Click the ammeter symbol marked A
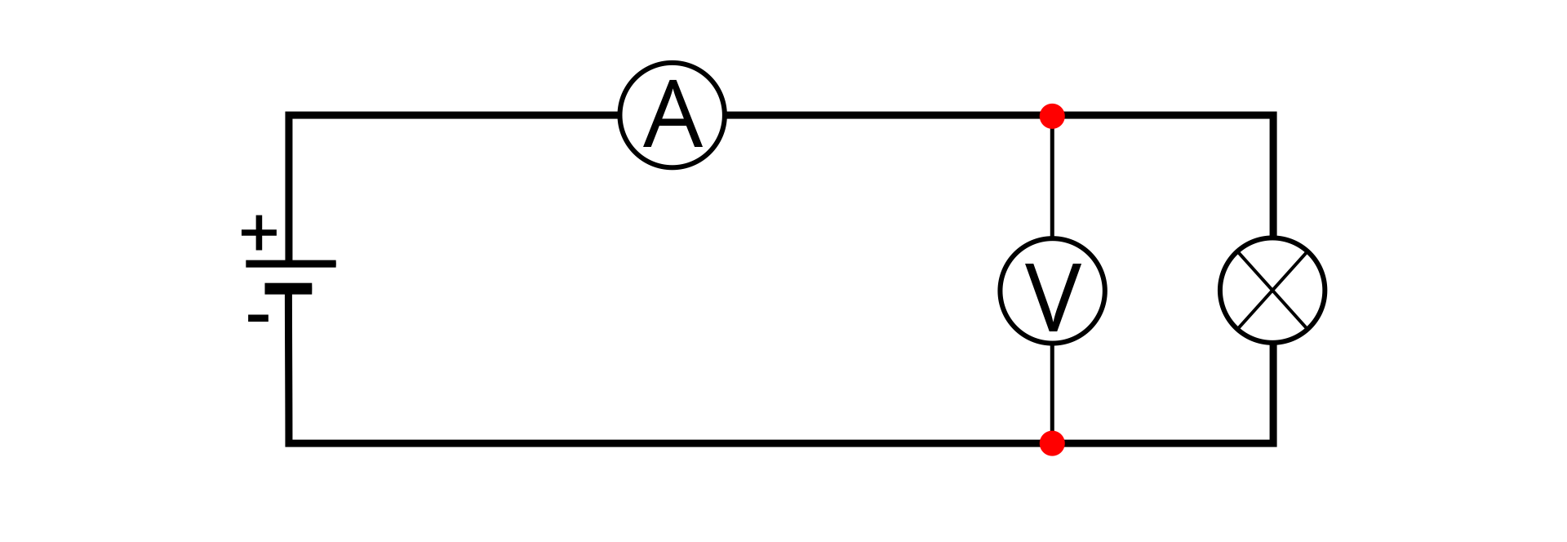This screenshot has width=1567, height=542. click(672, 115)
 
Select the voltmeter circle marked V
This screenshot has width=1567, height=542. click(1052, 291)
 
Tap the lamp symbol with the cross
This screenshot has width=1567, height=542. click(1272, 291)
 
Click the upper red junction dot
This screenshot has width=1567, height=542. click(1052, 116)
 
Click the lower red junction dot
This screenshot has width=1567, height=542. click(1052, 443)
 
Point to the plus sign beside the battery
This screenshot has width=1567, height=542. click(259, 233)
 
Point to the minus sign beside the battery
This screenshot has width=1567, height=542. click(258, 318)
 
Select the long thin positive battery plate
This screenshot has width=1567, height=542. click(291, 264)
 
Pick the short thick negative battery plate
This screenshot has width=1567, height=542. click(288, 288)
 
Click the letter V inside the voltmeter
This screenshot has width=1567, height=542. click(1052, 297)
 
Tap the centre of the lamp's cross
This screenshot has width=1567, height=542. click(1272, 291)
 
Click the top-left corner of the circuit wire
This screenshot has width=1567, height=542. click(289, 116)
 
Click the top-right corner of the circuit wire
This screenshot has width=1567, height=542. click(1272, 116)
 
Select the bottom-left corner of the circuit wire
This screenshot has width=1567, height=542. click(289, 443)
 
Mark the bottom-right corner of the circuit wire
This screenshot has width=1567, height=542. click(1272, 443)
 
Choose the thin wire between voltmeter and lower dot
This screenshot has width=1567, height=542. click(1052, 388)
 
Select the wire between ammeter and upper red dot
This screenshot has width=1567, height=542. click(881, 116)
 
